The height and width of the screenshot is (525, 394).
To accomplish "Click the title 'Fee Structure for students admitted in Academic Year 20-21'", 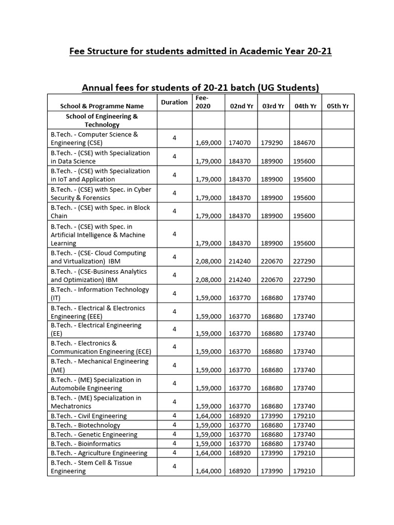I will [201, 52].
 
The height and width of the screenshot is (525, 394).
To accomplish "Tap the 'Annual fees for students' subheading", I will [201, 88].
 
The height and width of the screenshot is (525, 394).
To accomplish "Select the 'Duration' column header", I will [174, 102].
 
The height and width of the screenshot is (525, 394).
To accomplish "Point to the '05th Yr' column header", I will [338, 106].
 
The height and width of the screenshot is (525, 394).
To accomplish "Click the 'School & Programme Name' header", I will [102, 106].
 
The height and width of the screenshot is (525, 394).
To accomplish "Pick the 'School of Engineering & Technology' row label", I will [102, 120].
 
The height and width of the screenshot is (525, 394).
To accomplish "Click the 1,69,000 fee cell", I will [208, 143].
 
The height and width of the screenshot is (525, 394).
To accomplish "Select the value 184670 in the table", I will [304, 143].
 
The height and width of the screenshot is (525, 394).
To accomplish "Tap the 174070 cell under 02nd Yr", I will [240, 143].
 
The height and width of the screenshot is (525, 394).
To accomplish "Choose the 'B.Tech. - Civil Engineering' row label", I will [89, 416].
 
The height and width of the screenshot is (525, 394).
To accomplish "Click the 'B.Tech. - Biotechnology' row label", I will [86, 425].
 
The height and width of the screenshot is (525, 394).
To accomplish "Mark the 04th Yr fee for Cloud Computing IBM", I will [304, 261].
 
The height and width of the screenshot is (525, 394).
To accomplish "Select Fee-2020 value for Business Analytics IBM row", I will [208, 279].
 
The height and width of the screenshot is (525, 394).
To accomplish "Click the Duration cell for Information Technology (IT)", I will [174, 293].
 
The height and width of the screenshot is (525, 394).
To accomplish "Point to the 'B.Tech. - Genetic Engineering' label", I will [94, 434].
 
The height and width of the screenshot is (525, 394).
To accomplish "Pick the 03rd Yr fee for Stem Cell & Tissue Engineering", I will [272, 471].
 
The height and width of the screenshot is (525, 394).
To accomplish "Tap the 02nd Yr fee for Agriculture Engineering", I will [240, 453].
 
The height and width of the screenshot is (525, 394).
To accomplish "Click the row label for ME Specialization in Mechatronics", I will [96, 401].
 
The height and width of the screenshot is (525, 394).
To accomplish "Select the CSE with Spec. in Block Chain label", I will [101, 211].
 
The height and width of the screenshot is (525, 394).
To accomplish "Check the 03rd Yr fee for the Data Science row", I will [272, 161].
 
